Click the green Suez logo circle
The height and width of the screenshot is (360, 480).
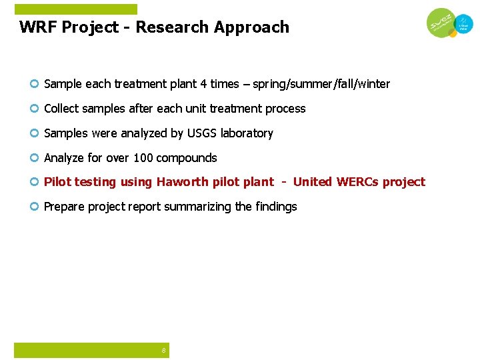(441, 24)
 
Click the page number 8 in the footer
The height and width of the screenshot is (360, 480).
(163, 351)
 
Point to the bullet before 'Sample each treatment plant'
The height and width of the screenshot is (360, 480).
(34, 84)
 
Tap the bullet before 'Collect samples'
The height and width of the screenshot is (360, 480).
(34, 109)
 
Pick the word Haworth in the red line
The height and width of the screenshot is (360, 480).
(181, 182)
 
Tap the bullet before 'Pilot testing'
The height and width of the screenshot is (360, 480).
(34, 182)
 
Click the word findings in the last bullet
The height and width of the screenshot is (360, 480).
(275, 207)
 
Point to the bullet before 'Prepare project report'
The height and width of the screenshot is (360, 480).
(34, 207)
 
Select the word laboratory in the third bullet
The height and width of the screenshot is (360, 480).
(247, 133)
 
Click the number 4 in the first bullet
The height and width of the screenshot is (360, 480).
(203, 84)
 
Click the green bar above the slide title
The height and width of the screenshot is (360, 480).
(75, 9)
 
